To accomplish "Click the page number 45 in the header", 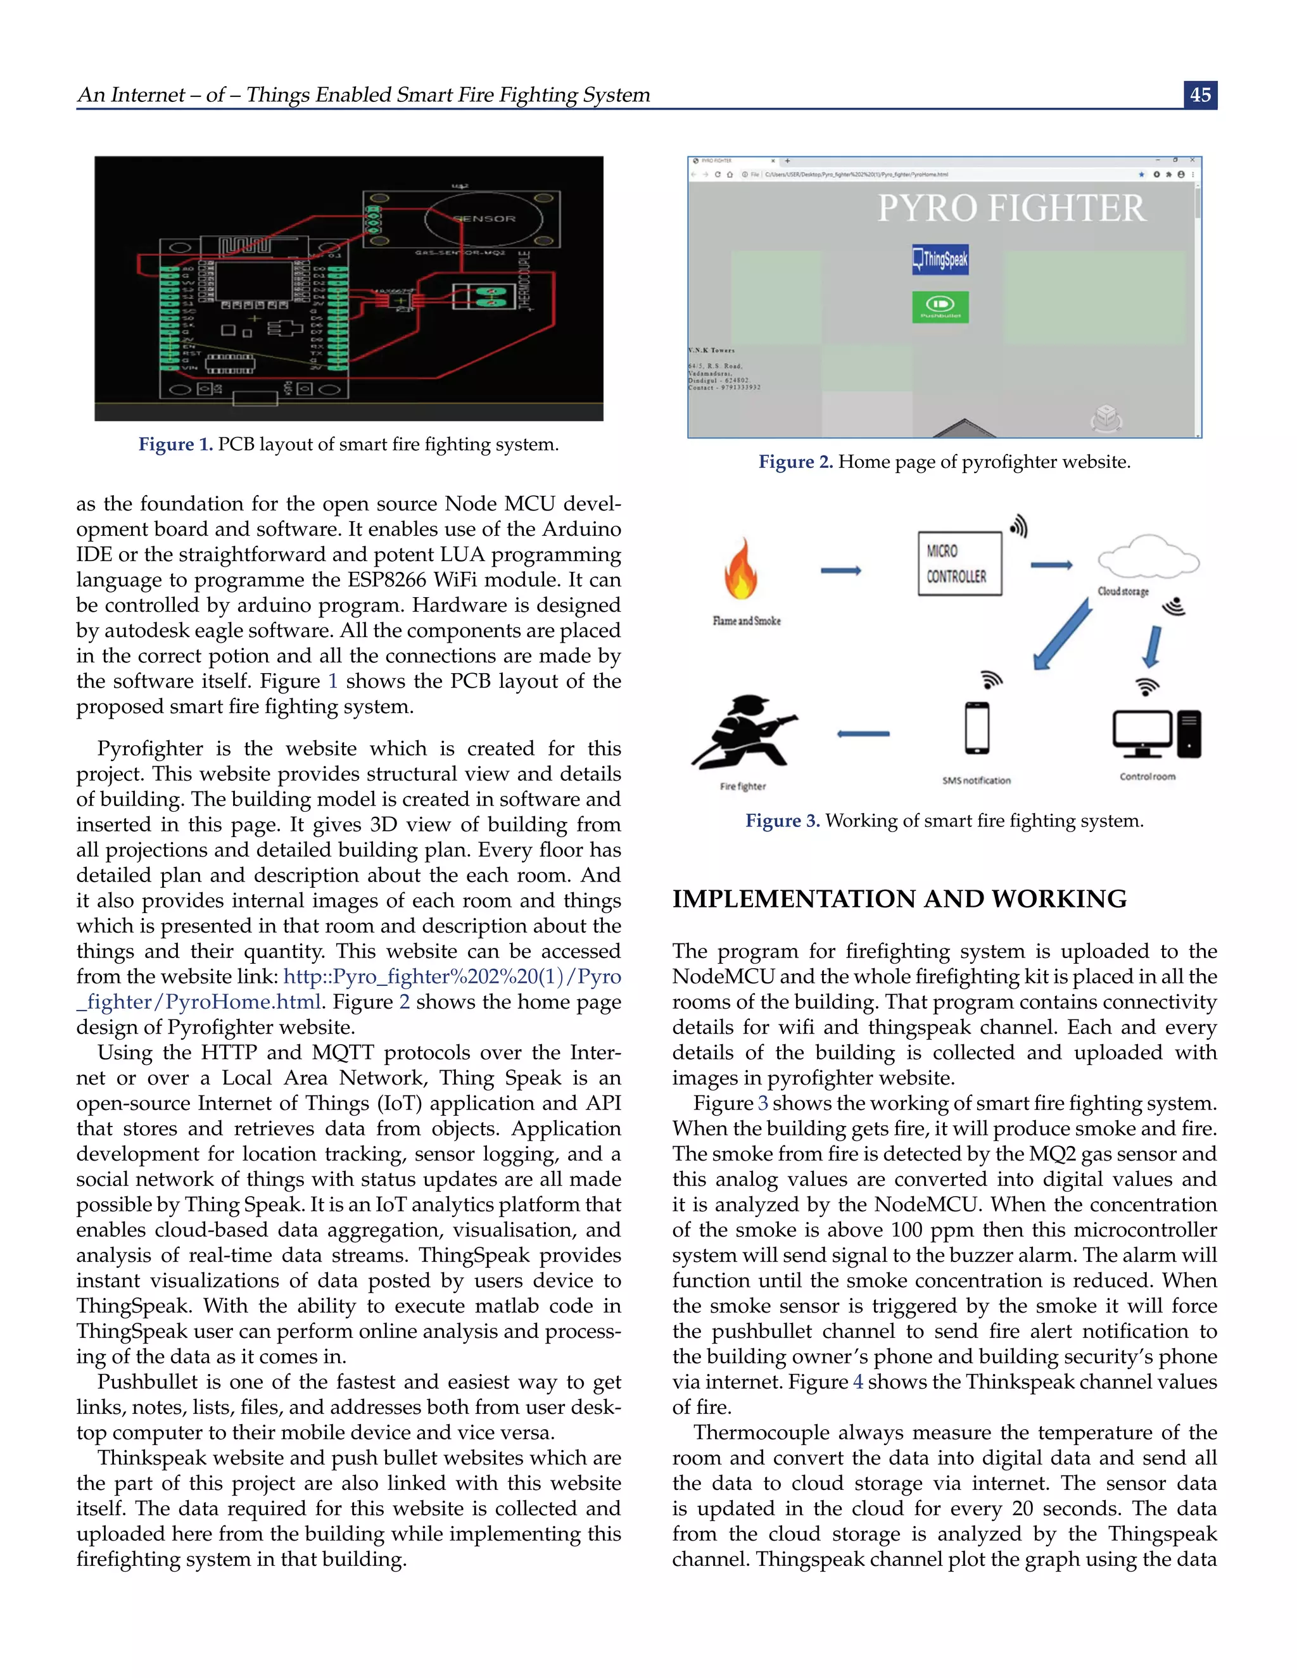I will pyautogui.click(x=1200, y=94).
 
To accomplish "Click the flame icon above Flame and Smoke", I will pyautogui.click(x=742, y=570).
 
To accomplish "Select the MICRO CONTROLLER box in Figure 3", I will pyautogui.click(x=959, y=563).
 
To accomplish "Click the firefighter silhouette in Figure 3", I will pyautogui.click(x=743, y=732).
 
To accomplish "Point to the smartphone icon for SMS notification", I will pyautogui.click(x=977, y=728).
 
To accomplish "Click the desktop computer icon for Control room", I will pyautogui.click(x=1156, y=735).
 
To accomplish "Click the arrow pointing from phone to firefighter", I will pyautogui.click(x=863, y=734).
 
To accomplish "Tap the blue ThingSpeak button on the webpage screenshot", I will pyautogui.click(x=940, y=259).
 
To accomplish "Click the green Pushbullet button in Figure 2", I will pyautogui.click(x=940, y=306).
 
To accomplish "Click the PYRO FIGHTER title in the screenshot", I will pyautogui.click(x=1011, y=208).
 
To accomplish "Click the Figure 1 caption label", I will pyautogui.click(x=175, y=444).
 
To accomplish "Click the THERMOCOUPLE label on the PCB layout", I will pyautogui.click(x=525, y=280).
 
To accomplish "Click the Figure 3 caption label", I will pyautogui.click(x=782, y=821).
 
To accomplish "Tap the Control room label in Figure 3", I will pyautogui.click(x=1147, y=776).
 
